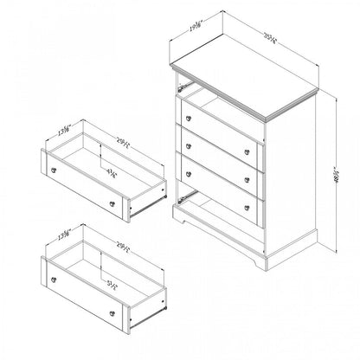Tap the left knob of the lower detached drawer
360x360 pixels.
click(57, 282)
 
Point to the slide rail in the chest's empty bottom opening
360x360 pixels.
click(183, 198)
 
